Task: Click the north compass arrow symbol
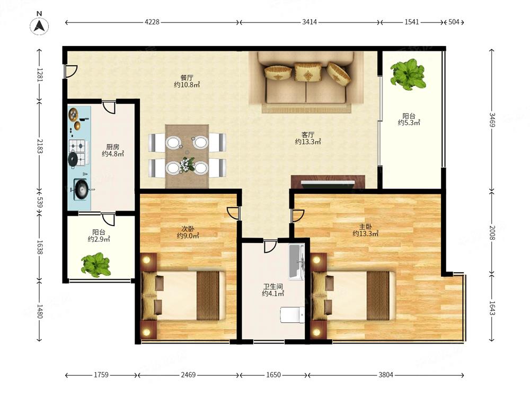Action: pyautogui.click(x=39, y=25)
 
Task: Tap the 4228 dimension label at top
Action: pyautogui.click(x=152, y=22)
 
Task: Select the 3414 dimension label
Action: pyautogui.click(x=310, y=22)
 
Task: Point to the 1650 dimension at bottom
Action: pyautogui.click(x=273, y=375)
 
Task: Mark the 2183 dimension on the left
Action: pyautogui.click(x=40, y=146)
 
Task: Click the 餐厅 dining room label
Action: pyautogui.click(x=187, y=78)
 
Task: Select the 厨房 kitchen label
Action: pyautogui.click(x=112, y=147)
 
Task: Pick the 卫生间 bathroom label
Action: pyautogui.click(x=273, y=286)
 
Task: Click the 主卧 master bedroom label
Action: pyautogui.click(x=365, y=227)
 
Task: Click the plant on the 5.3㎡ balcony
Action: pyautogui.click(x=408, y=74)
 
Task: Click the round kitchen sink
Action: pyautogui.click(x=81, y=190)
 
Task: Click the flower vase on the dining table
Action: pyautogui.click(x=187, y=164)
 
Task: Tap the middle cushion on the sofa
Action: pyautogui.click(x=307, y=71)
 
